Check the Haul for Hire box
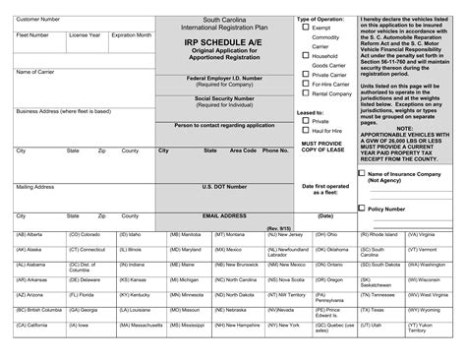pos(305,158)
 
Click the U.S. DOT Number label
pos(225,186)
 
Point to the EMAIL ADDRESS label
pos(225,212)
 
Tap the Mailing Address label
pos(35,185)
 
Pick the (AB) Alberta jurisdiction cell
pos(29,235)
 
